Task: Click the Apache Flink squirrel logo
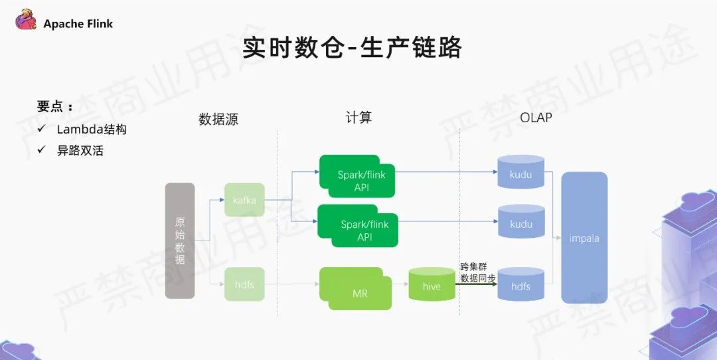point(26,20)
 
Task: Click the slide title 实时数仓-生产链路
point(352,48)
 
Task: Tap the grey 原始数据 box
point(180,240)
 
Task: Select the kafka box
point(244,200)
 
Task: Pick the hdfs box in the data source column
point(244,284)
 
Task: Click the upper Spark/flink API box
point(357,177)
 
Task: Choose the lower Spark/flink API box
point(358,226)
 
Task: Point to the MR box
point(356,289)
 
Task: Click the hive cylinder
point(432,284)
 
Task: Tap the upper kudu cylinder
point(521,171)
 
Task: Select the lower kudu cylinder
point(521,221)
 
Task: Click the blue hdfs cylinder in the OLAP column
point(521,284)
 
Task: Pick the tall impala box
point(584,238)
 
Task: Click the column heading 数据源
point(218,119)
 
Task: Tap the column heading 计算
point(358,118)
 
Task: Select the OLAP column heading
point(536,118)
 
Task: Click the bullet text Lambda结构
point(92,130)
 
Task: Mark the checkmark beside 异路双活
point(42,149)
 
